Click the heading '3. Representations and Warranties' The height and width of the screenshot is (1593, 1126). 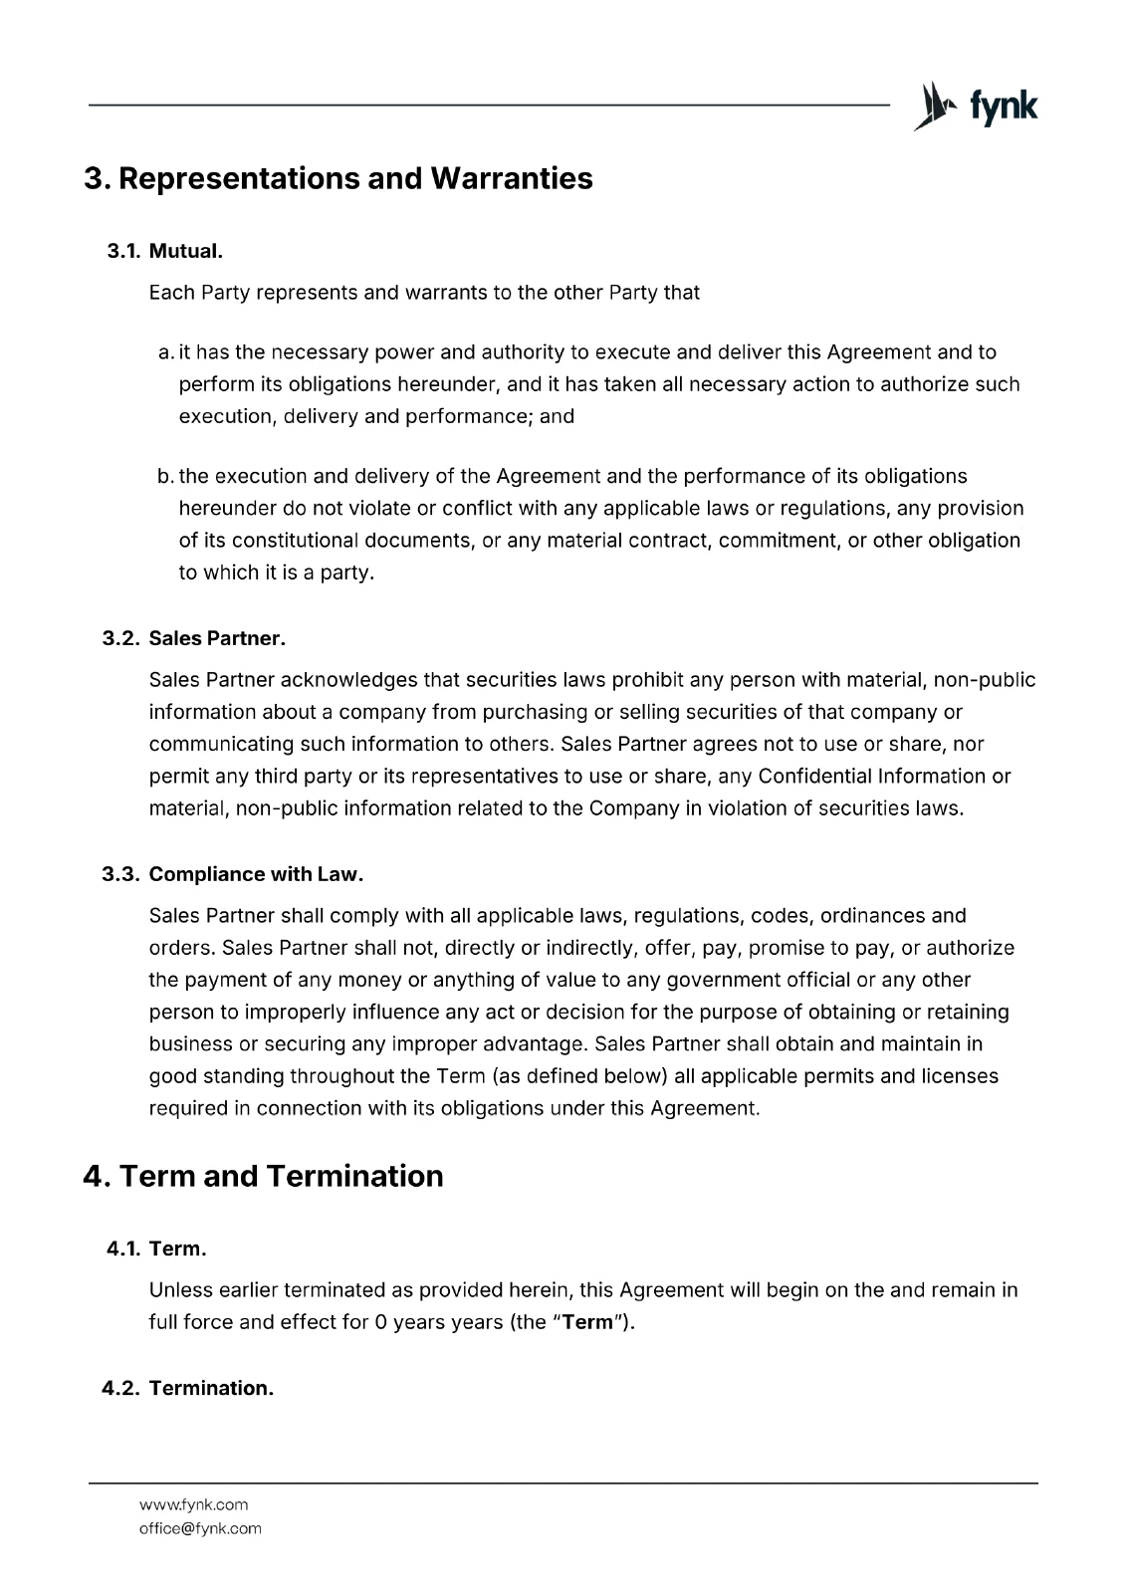click(338, 178)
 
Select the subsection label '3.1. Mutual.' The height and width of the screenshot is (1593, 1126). click(164, 251)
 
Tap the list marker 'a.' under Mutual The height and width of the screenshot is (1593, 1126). click(166, 352)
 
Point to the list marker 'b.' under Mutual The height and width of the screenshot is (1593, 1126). click(166, 476)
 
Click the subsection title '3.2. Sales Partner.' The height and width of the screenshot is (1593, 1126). click(194, 638)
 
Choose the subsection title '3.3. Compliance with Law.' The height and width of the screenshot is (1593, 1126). click(233, 874)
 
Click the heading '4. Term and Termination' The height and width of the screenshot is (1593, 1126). click(264, 1176)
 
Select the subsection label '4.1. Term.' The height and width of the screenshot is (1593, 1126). click(156, 1249)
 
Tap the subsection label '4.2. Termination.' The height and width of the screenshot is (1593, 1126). click(188, 1388)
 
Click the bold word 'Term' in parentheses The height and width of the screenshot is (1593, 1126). click(586, 1323)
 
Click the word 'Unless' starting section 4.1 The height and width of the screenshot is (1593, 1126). click(181, 1290)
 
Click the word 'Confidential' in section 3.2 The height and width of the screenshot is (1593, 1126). click(814, 776)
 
